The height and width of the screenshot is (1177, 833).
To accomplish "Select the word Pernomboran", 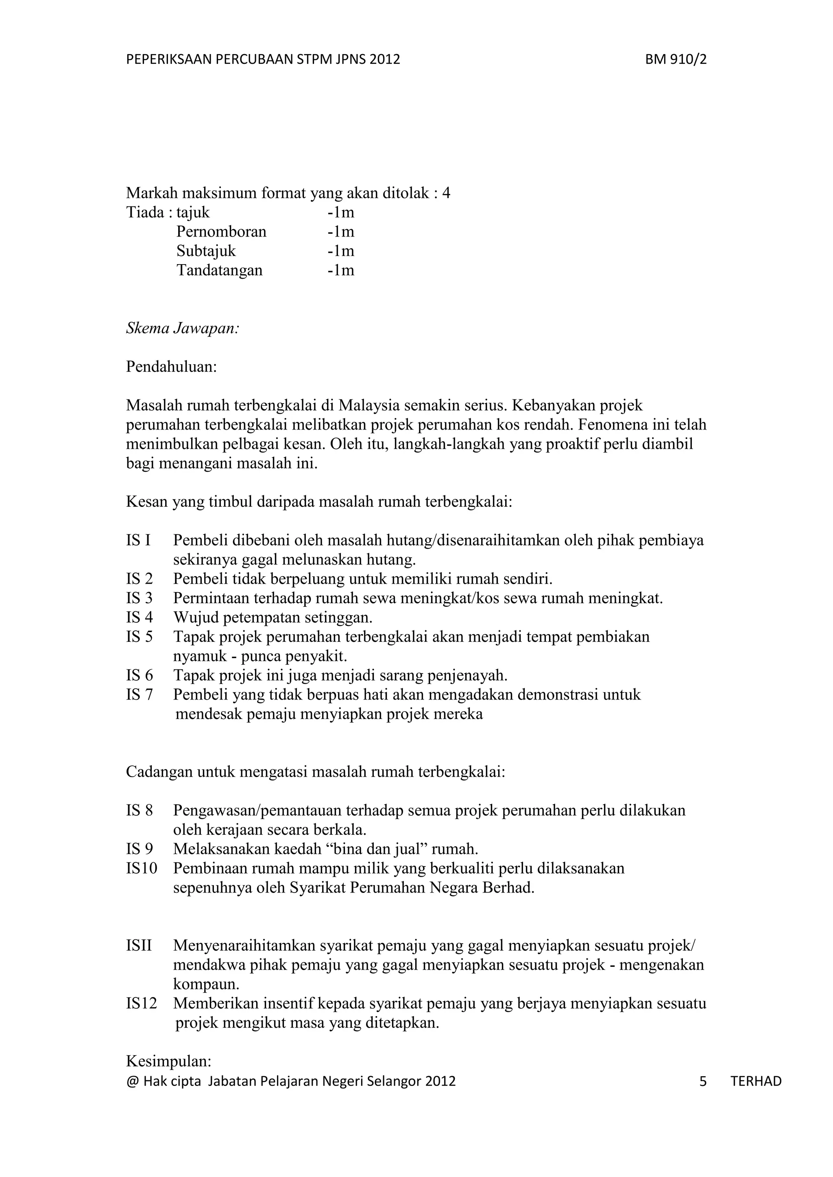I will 221,232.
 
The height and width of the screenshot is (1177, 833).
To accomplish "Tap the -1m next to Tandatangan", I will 340,270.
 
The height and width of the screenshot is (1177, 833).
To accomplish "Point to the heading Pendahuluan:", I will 171,367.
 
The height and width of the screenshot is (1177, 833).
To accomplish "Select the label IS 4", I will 140,617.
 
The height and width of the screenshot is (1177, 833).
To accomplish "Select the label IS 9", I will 140,849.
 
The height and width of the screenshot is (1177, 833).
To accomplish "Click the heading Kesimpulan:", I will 169,1061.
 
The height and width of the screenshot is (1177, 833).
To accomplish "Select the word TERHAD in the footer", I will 756,1081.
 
